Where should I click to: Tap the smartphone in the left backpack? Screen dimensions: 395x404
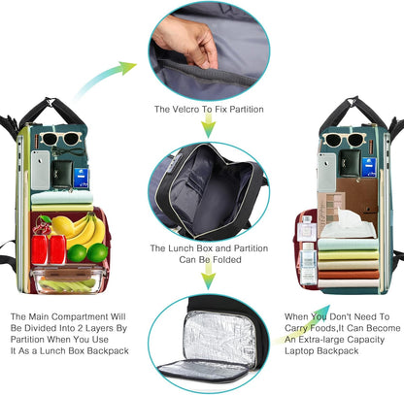click(x=40, y=170)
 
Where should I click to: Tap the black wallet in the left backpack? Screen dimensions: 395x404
click(x=61, y=174)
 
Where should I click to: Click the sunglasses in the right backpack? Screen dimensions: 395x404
click(x=343, y=139)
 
